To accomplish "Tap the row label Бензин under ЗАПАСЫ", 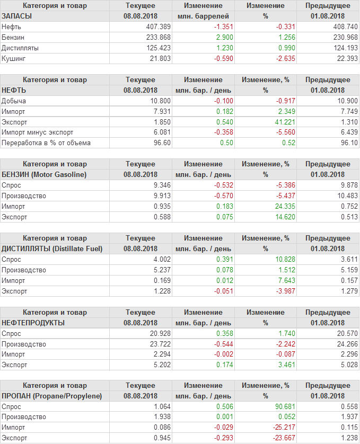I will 13,37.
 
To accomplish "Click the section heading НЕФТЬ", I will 14,90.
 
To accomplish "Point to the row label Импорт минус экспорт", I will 38,132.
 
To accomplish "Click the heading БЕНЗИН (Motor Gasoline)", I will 44,174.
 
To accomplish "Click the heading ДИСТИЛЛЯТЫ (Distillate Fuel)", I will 52,248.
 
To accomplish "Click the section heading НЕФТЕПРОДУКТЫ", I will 33,323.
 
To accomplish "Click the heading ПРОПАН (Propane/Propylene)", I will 52,396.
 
